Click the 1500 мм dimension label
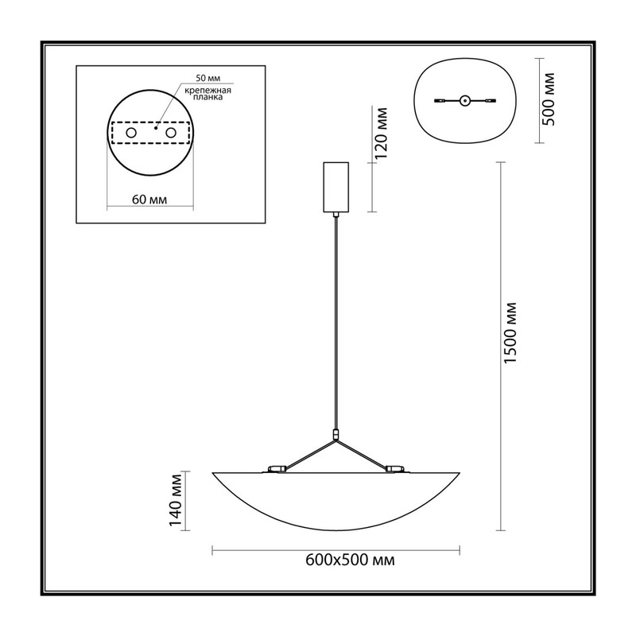coord(510,332)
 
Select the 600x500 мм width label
coord(350,560)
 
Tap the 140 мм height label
coord(175,500)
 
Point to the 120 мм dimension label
coord(381,133)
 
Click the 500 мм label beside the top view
coord(549,99)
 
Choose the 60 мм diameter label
coord(149,200)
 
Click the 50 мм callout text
coord(208,78)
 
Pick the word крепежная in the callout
coord(207,91)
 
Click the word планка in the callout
coord(207,97)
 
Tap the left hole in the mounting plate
coord(131,133)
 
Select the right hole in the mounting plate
coord(171,133)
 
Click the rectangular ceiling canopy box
coord(335,187)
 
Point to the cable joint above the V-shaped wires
coord(335,435)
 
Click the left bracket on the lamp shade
coord(277,469)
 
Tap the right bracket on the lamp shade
coord(395,469)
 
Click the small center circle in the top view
coord(465,100)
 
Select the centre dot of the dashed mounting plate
coord(155,128)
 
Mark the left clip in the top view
coord(440,100)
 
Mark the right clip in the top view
coord(491,100)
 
